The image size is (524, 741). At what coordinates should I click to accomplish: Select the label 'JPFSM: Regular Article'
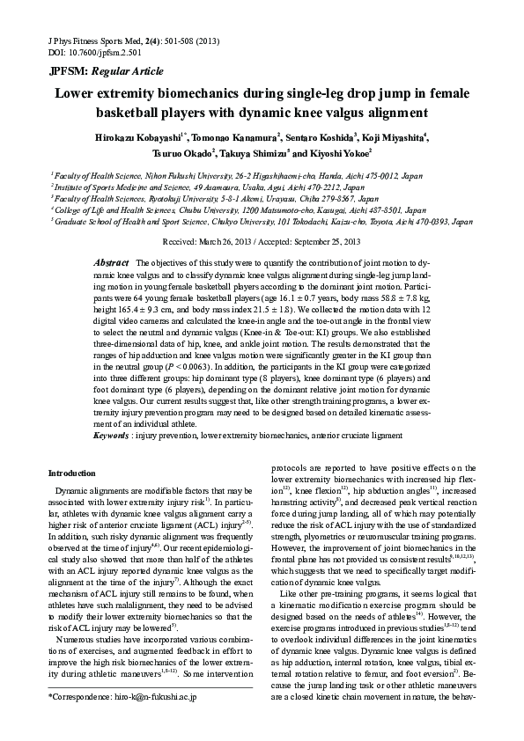pos(93,72)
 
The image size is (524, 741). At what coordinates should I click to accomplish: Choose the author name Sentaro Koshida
pos(322,137)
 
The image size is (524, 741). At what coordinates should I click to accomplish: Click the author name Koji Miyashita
pos(395,137)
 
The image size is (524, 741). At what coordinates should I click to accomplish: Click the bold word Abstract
pos(111,263)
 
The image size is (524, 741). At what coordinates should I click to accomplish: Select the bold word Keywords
pos(112,435)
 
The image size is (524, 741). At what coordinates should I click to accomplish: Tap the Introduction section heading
pos(73,473)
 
